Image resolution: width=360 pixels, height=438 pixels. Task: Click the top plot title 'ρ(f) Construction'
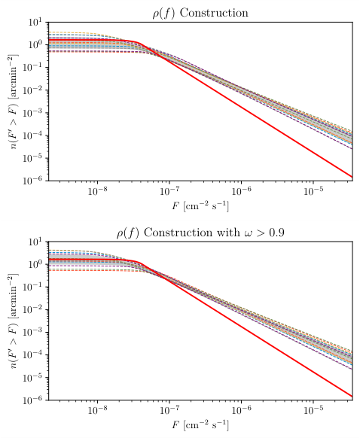click(x=203, y=13)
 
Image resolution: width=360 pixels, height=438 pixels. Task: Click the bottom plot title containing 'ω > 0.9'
click(x=203, y=233)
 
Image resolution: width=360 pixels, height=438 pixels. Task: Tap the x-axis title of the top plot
click(x=203, y=205)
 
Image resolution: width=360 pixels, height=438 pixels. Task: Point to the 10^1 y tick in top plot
click(x=35, y=23)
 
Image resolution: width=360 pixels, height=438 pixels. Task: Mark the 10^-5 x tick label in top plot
click(x=313, y=191)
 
